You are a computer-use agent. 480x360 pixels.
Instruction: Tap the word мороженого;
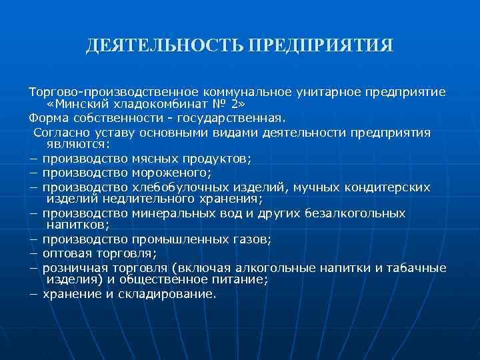tap(173, 173)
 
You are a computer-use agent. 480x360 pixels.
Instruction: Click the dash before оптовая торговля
tap(33, 253)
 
